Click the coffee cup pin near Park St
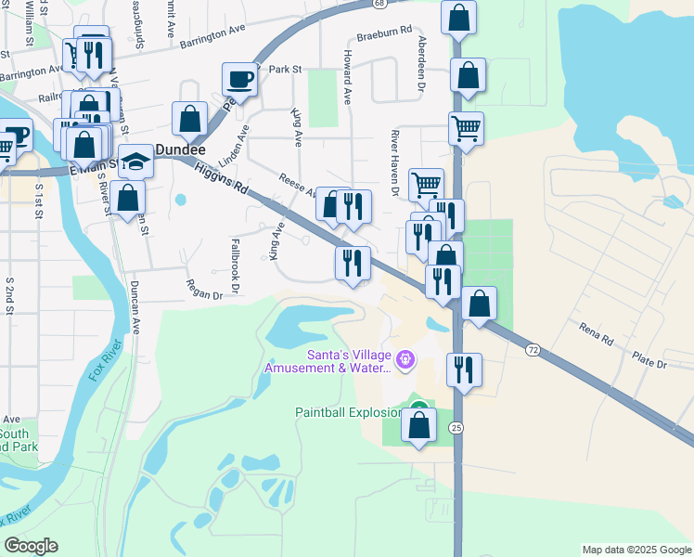click(240, 79)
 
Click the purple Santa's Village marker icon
click(405, 358)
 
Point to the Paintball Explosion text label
click(348, 412)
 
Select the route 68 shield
click(380, 4)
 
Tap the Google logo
click(31, 546)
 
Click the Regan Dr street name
click(204, 290)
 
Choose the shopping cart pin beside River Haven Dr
click(426, 184)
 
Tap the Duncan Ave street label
click(135, 307)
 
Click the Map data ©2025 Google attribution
click(636, 550)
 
